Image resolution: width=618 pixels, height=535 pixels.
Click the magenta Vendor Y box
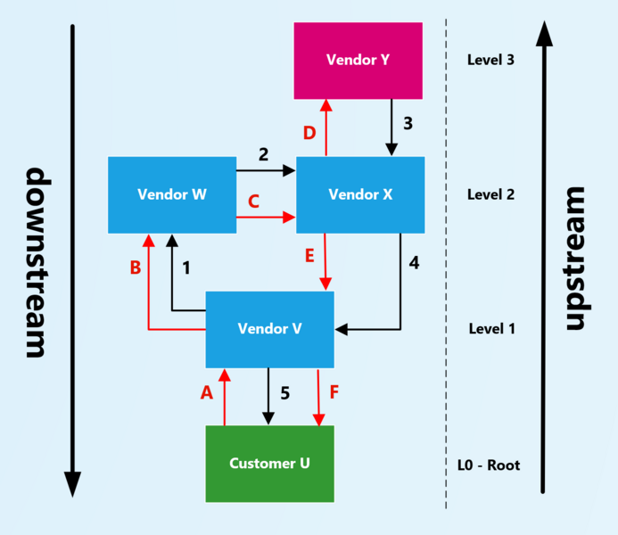pos(358,61)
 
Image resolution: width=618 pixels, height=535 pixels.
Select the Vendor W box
pos(172,194)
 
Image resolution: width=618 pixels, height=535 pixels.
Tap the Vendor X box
pos(359,194)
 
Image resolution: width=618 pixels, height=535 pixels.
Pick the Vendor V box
pos(269,329)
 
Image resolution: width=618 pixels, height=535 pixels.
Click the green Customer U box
pos(269,463)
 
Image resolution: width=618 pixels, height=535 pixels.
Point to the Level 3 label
pos(491,61)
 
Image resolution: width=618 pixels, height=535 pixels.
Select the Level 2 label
pos(491,194)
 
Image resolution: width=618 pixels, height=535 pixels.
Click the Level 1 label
pos(491,329)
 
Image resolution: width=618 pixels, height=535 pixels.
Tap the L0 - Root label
pos(488,465)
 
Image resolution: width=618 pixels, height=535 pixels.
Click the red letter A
pos(207,392)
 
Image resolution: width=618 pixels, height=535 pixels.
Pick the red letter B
pos(136,267)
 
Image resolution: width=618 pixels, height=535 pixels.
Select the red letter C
pos(253,202)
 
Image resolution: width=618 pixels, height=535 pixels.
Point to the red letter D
pos(309,134)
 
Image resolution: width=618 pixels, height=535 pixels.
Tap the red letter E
pos(309,257)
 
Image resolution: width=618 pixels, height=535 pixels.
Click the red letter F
pos(334,392)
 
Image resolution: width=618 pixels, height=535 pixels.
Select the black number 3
pos(408,123)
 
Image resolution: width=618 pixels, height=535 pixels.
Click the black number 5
pos(284,392)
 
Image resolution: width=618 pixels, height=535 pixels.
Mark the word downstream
pos(36,262)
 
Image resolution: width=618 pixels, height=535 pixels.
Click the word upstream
pos(576,259)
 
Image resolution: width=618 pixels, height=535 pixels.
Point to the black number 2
pos(263,154)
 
